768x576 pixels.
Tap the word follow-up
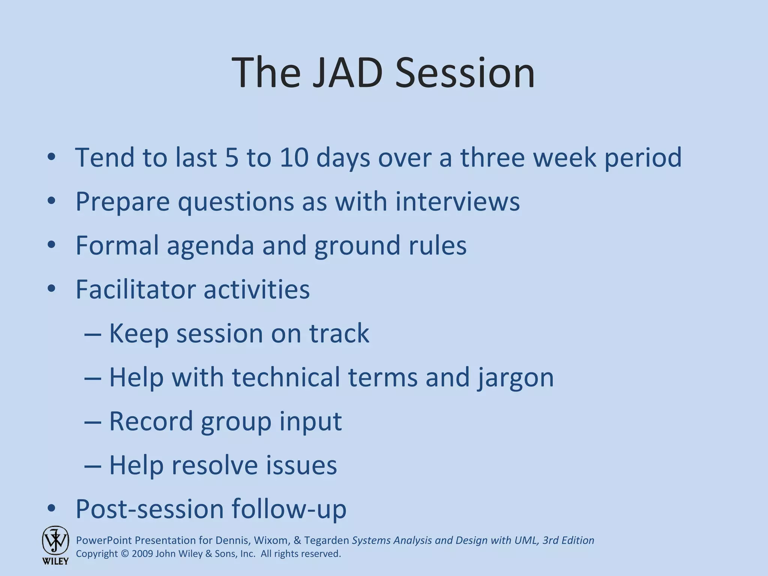(289, 509)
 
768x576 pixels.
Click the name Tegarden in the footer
(326, 540)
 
